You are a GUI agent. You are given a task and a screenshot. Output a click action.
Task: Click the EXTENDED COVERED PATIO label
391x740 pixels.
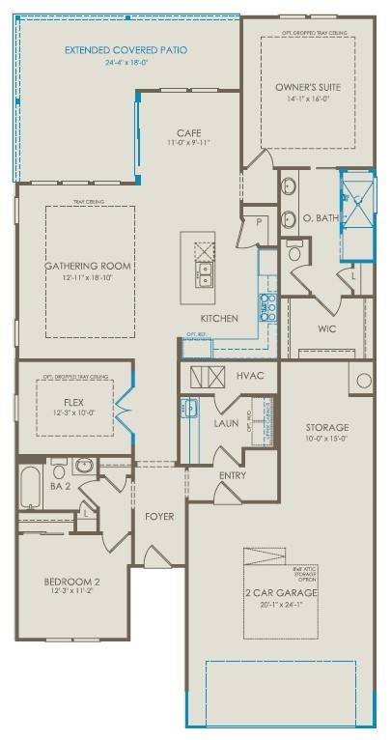click(x=126, y=49)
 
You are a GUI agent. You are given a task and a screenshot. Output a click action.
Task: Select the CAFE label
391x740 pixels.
click(x=187, y=132)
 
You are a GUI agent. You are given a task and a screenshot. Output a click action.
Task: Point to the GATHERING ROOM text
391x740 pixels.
click(x=88, y=266)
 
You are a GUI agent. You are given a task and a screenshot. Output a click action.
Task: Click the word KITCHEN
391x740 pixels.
click(x=218, y=318)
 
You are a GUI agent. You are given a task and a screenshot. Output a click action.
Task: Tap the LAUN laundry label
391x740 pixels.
click(x=226, y=422)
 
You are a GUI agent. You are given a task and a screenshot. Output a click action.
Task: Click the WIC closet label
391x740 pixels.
click(x=326, y=329)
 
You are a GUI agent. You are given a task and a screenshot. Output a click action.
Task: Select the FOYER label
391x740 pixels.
click(x=159, y=516)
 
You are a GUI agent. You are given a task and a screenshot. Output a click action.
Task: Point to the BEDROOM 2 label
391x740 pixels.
click(x=72, y=581)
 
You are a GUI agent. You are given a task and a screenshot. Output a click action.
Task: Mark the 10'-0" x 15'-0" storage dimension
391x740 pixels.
click(x=326, y=438)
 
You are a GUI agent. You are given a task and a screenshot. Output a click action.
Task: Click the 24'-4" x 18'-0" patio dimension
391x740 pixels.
click(x=126, y=61)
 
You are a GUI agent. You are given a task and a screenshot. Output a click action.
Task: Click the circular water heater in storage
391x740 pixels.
click(x=363, y=380)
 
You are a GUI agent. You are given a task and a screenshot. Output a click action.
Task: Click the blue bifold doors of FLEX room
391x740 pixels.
click(x=124, y=409)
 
